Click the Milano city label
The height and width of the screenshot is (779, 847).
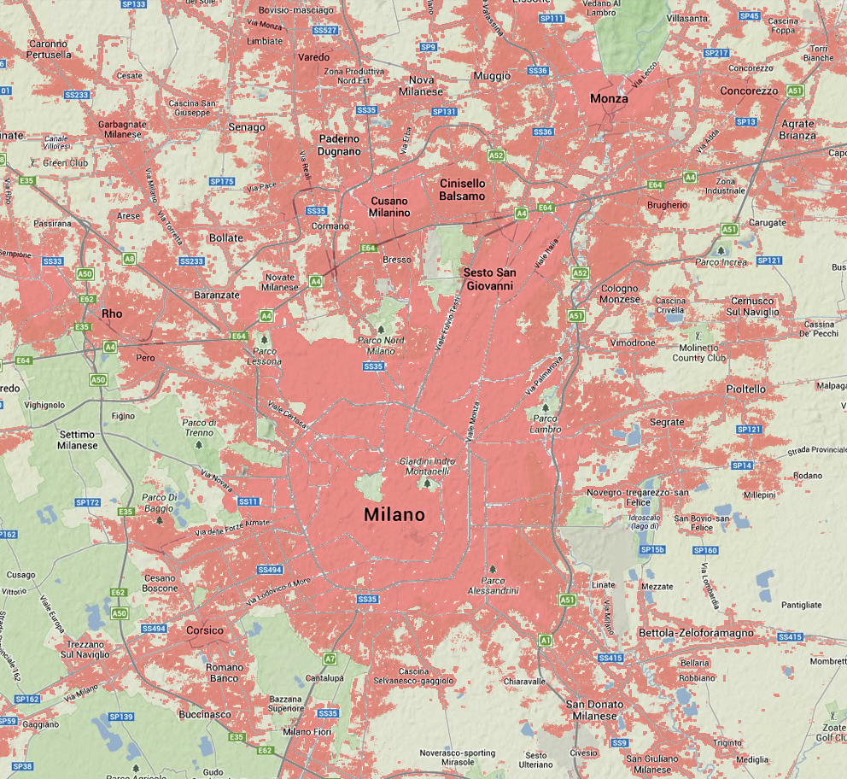click(x=394, y=515)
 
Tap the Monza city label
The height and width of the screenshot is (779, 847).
click(x=609, y=98)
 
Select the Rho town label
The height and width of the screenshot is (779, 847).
click(x=112, y=313)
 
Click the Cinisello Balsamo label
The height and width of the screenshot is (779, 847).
click(x=462, y=190)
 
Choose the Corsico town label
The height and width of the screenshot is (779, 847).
click(x=205, y=630)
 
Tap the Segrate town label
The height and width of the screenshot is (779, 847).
click(x=667, y=422)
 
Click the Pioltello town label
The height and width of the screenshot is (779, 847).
click(x=745, y=389)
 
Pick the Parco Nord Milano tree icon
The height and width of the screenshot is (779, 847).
click(x=383, y=329)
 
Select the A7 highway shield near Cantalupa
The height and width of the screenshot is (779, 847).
click(x=330, y=659)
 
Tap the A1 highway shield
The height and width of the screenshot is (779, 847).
click(x=545, y=640)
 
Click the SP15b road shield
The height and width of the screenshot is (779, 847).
click(x=652, y=549)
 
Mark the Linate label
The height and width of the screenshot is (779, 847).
click(x=603, y=585)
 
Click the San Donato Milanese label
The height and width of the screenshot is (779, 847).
click(x=595, y=710)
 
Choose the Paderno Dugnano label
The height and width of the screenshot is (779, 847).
click(x=340, y=144)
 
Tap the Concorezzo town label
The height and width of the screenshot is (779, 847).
click(x=749, y=91)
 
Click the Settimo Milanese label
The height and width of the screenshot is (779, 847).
click(x=78, y=440)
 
